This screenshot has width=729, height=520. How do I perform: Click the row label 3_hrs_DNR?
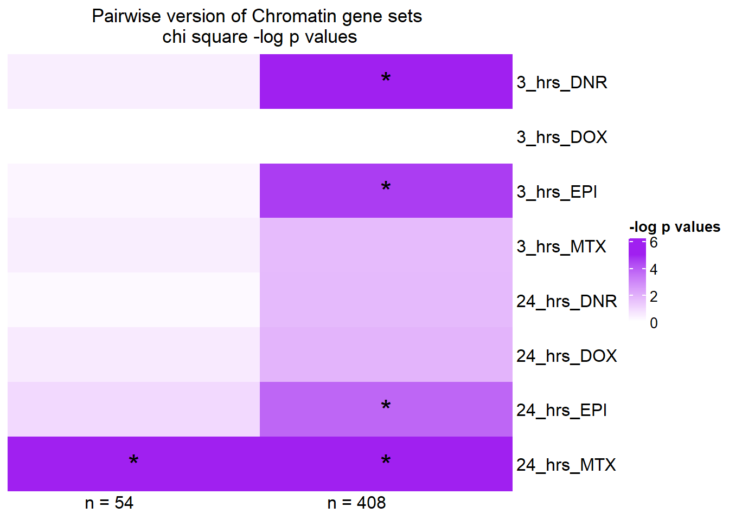coord(561,82)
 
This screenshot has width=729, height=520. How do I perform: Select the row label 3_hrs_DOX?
coord(561,137)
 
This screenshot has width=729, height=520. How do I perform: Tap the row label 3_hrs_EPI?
coord(557,192)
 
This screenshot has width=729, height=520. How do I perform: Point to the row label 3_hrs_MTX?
coord(561,246)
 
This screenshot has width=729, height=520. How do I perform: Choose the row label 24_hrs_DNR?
coord(566,301)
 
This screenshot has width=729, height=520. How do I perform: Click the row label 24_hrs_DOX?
coord(566,356)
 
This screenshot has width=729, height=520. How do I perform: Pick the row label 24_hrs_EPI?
coord(561,410)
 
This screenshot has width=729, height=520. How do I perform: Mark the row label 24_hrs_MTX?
coord(566,465)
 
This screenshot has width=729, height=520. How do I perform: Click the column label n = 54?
coord(109,503)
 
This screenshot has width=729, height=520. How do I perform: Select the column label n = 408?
coord(356,503)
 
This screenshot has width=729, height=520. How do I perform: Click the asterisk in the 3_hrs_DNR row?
coord(386,79)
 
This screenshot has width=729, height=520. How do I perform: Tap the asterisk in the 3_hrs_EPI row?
coord(386,188)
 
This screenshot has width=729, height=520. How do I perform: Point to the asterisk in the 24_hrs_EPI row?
coord(386,406)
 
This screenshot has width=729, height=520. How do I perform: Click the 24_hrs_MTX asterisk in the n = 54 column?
coord(133,461)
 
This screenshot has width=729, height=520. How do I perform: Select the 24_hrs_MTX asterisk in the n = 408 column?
coord(386,461)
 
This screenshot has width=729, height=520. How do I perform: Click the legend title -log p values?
coord(674,226)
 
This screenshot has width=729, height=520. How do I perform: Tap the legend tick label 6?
coord(654,243)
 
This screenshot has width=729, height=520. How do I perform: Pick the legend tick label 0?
coord(654,323)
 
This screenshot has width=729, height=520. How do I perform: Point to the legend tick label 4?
coord(654,270)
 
